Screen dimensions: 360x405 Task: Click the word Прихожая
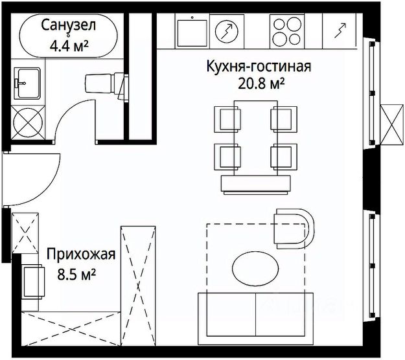(80, 254)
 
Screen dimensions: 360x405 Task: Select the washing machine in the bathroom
(27, 120)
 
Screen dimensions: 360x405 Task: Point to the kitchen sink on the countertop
(191, 29)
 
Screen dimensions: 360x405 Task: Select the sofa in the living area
(256, 314)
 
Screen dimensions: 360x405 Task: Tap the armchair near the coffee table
(294, 227)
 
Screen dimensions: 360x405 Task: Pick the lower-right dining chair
(283, 156)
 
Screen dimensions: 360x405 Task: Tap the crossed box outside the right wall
(391, 118)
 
